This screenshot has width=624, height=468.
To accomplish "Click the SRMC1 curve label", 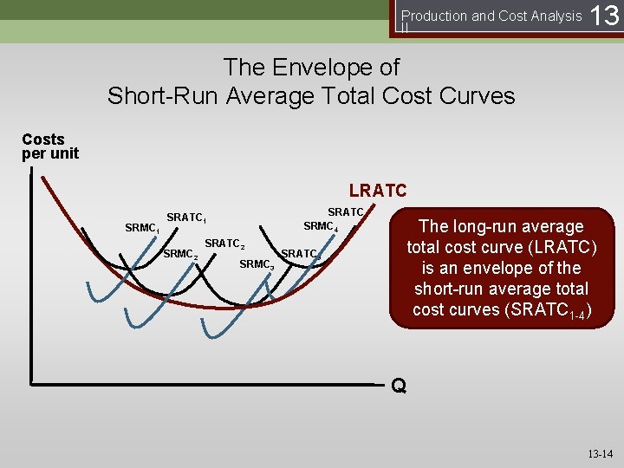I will pos(141,229).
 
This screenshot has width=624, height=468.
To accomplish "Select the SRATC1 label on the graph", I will pos(185,217).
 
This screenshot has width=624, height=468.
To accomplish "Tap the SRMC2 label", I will pos(181,254).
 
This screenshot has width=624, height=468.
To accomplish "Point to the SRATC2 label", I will pos(224,244).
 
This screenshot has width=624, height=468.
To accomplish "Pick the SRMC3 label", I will pos(257,264).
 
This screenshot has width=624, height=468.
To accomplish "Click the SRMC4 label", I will pos(320,227).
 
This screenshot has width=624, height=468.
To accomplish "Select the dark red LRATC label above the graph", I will pos(377,190).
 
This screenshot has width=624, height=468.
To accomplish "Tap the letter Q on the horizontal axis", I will pos(398,386).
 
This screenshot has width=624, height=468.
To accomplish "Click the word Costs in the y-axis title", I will pos(43,140).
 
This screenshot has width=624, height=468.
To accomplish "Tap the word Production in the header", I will pos(436,16).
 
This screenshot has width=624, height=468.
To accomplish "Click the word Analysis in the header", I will pos(555,16).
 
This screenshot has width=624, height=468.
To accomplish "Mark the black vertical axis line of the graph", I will pos(31,277).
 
